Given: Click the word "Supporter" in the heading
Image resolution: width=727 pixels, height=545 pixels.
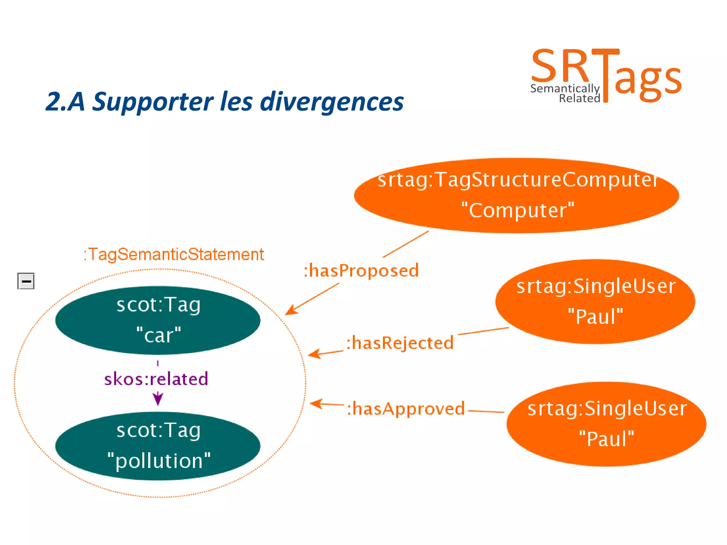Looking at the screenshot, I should tap(153, 102).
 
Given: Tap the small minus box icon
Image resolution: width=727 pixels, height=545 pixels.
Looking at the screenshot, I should tap(26, 281).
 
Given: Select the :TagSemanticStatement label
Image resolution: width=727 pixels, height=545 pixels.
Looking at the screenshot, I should tap(174, 254).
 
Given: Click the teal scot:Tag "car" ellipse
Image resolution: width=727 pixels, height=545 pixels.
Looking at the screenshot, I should tap(158, 320).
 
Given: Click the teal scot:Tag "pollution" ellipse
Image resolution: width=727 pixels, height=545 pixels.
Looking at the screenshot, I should tap(158, 446).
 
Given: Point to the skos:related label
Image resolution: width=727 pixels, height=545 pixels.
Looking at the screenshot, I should tap(156, 379).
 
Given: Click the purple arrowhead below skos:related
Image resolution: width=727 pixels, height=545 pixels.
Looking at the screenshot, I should tap(158, 399).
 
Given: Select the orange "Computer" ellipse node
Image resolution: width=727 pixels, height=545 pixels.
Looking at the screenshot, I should tap(516, 195).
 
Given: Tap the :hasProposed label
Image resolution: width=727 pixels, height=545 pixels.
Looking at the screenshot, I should tap(361, 271).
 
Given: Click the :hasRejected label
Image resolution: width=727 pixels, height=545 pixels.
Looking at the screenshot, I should tap(400, 343).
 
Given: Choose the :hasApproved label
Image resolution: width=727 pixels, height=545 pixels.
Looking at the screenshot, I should tap(405, 409).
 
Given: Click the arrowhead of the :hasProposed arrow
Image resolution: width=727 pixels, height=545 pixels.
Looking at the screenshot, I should tap(290, 311).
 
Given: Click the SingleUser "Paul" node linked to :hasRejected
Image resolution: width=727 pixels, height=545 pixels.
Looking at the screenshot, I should tap(595, 301).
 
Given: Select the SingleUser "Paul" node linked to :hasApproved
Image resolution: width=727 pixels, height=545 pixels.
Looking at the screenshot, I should tap(606, 424).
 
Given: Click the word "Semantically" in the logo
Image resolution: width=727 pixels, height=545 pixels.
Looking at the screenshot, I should tap(564, 88).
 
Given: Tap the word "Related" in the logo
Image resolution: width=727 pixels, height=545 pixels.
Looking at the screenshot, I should tap(579, 98).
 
